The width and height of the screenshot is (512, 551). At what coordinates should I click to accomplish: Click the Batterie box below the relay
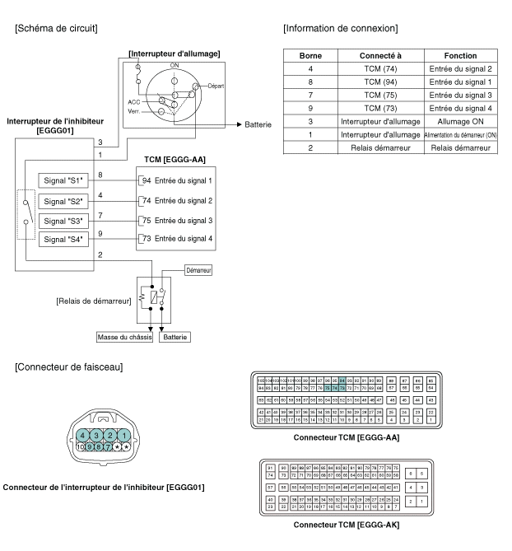(x=177, y=337)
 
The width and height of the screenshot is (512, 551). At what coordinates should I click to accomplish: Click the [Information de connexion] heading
(x=340, y=29)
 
